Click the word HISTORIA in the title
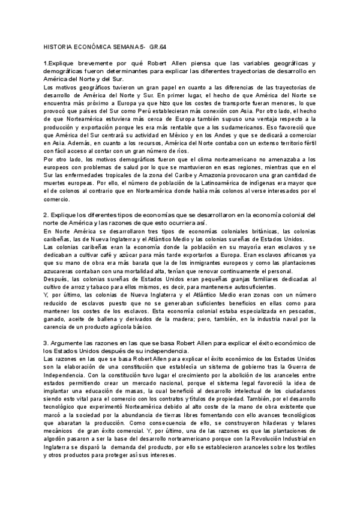[58, 46]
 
